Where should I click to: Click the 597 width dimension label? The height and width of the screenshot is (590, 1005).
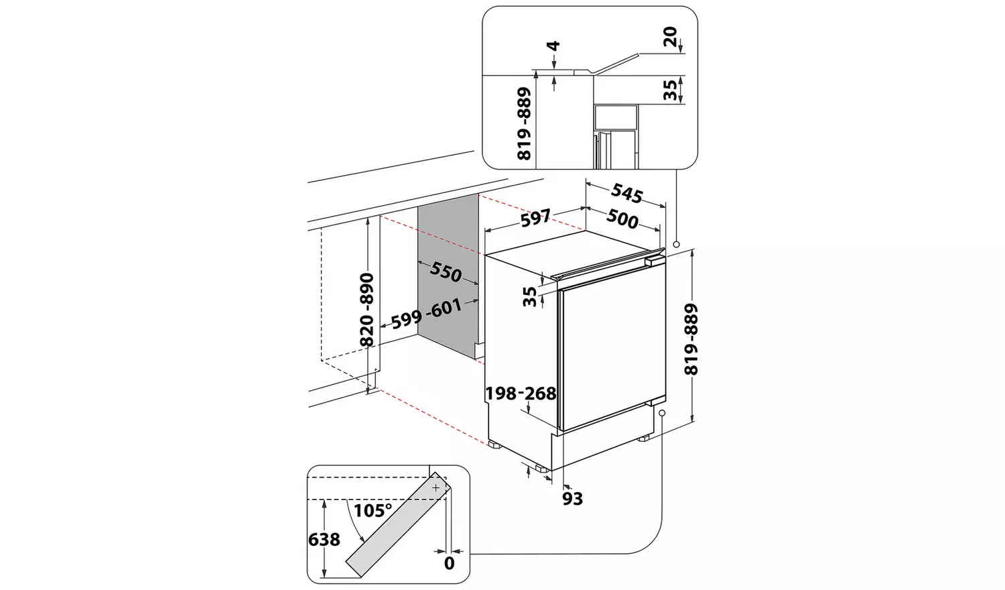pyautogui.click(x=535, y=217)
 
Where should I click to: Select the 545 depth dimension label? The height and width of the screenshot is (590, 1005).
pyautogui.click(x=626, y=193)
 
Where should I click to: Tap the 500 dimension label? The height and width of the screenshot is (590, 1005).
pyautogui.click(x=622, y=219)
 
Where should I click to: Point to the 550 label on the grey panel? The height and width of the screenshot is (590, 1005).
pyautogui.click(x=446, y=272)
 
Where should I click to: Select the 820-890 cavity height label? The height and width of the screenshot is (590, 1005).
pyautogui.click(x=366, y=309)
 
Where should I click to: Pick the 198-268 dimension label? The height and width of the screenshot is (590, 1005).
pyautogui.click(x=521, y=393)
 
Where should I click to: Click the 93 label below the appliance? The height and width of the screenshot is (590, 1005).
pyautogui.click(x=572, y=498)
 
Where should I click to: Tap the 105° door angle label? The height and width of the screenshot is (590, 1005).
pyautogui.click(x=373, y=511)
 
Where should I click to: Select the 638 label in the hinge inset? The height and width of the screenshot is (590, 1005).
pyautogui.click(x=324, y=539)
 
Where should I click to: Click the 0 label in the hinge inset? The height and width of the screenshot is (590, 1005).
pyautogui.click(x=449, y=563)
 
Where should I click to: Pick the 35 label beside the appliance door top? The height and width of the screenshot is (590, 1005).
pyautogui.click(x=530, y=296)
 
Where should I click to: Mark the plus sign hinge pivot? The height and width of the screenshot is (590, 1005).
pyautogui.click(x=435, y=487)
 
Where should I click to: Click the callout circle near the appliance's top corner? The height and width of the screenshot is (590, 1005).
pyautogui.click(x=677, y=245)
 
